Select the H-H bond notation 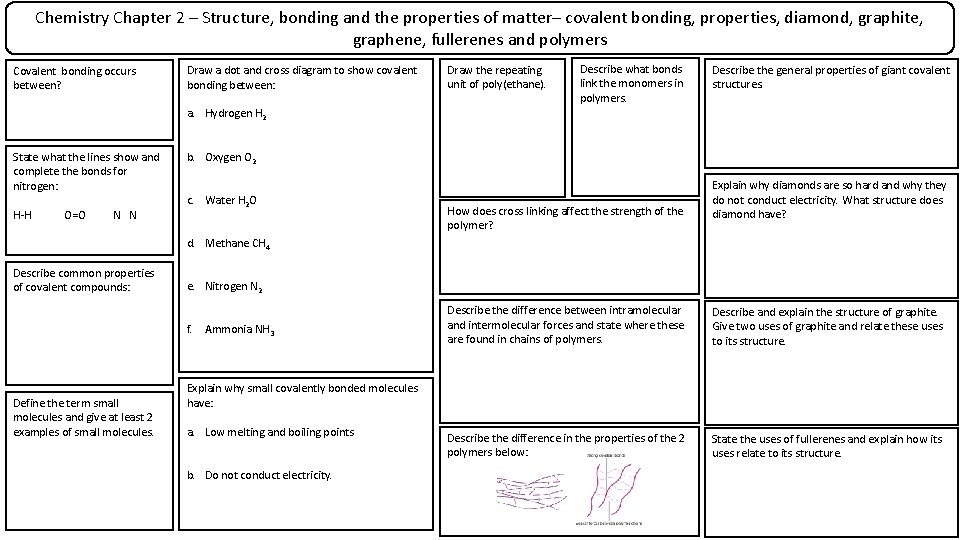point(22,215)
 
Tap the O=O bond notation point(74,215)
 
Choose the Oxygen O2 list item point(230,158)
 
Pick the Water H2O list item point(230,201)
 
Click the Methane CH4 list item point(237,244)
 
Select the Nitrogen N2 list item point(233,287)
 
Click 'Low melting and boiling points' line point(279,432)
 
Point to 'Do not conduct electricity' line point(267,475)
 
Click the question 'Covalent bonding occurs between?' point(74,78)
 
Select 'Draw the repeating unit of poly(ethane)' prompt point(496,77)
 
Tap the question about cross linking point(565,217)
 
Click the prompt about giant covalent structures point(830,77)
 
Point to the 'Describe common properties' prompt point(83,280)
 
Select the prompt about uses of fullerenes point(826,446)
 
